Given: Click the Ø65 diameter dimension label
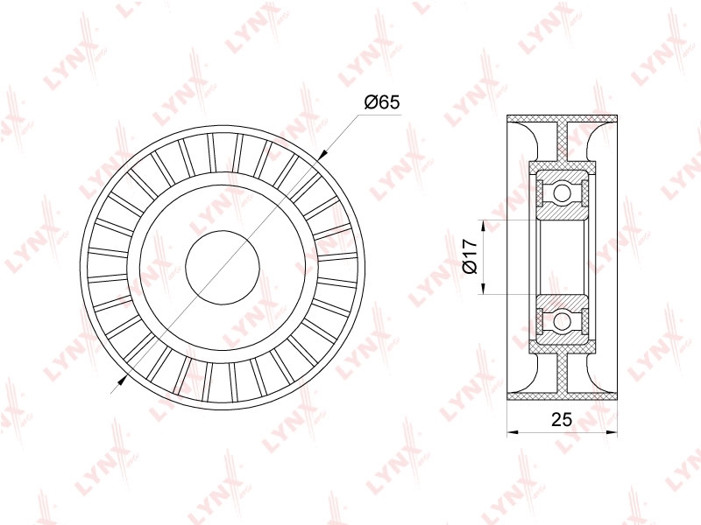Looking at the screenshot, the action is click(381, 102).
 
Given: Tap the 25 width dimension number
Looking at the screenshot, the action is click(562, 420).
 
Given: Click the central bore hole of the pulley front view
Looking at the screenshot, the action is click(223, 268).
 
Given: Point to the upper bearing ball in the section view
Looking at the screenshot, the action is click(562, 193).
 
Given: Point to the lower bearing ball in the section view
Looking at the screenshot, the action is click(562, 320).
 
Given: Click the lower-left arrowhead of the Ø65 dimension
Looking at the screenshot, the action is click(121, 380).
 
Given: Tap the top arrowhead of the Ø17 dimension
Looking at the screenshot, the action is click(483, 226).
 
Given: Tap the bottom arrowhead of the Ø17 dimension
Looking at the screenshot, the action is click(483, 288).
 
